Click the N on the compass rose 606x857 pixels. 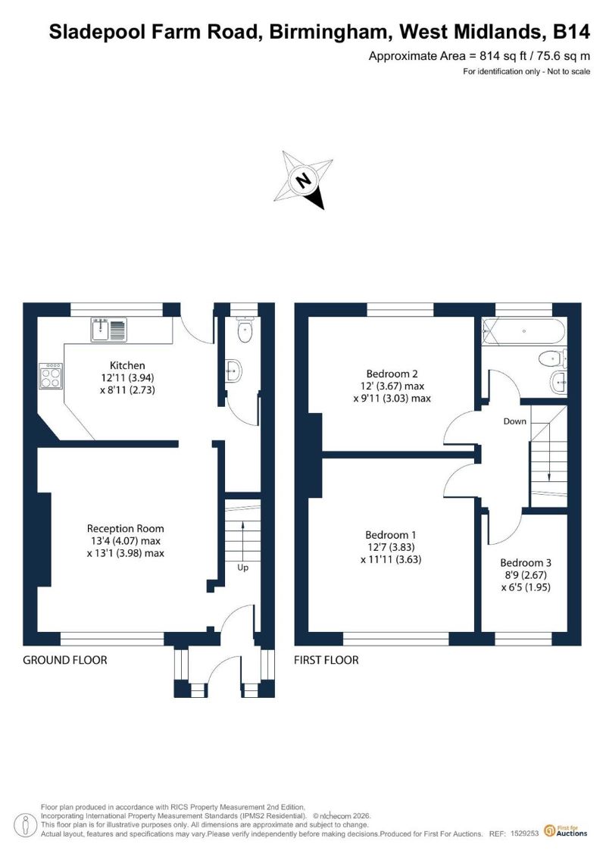[302, 180]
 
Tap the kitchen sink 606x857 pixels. [109, 330]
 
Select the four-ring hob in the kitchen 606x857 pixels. [50, 377]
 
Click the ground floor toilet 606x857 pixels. [244, 329]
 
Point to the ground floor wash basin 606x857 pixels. [233, 371]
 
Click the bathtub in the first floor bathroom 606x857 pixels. [523, 331]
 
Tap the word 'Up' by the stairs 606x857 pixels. [242, 568]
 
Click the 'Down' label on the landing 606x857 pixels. [515, 421]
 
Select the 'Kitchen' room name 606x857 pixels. [127, 365]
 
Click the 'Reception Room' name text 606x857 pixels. [125, 528]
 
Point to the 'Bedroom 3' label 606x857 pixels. [526, 562]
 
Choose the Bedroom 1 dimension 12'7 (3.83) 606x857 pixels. [391, 547]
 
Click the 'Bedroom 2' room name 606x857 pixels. [392, 374]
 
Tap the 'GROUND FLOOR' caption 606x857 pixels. [65, 660]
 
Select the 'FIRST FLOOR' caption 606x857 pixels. [326, 660]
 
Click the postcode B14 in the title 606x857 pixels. [572, 32]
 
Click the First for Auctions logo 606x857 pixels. [566, 831]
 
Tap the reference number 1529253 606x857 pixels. [525, 834]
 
